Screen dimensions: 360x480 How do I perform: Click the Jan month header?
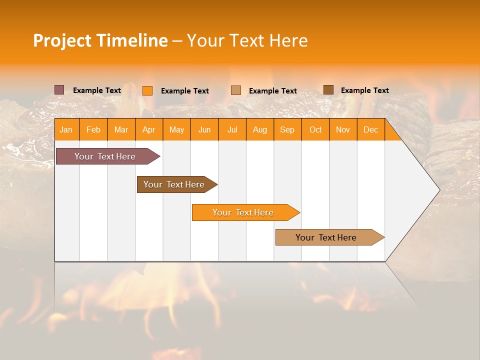coord(66,130)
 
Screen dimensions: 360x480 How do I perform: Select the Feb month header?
coord(93,130)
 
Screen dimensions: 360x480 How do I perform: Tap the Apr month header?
coord(148,130)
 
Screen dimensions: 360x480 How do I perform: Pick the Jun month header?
coord(204,130)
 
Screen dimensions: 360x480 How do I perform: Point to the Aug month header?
coord(259,130)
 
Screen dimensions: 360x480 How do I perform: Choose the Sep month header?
coord(287,130)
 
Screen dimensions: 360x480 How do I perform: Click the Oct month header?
coord(315,130)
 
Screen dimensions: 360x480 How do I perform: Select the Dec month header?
coord(370,130)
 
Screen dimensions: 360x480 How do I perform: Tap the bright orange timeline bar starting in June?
coord(243,212)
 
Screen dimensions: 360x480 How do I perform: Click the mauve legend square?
coord(59,90)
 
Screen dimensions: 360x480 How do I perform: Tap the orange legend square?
coord(147,90)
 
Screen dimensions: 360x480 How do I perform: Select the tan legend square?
coord(236,90)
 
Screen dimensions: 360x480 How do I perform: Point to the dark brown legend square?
coord(328,90)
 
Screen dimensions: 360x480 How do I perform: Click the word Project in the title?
coord(63,40)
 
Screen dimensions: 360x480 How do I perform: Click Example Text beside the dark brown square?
coord(364,90)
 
